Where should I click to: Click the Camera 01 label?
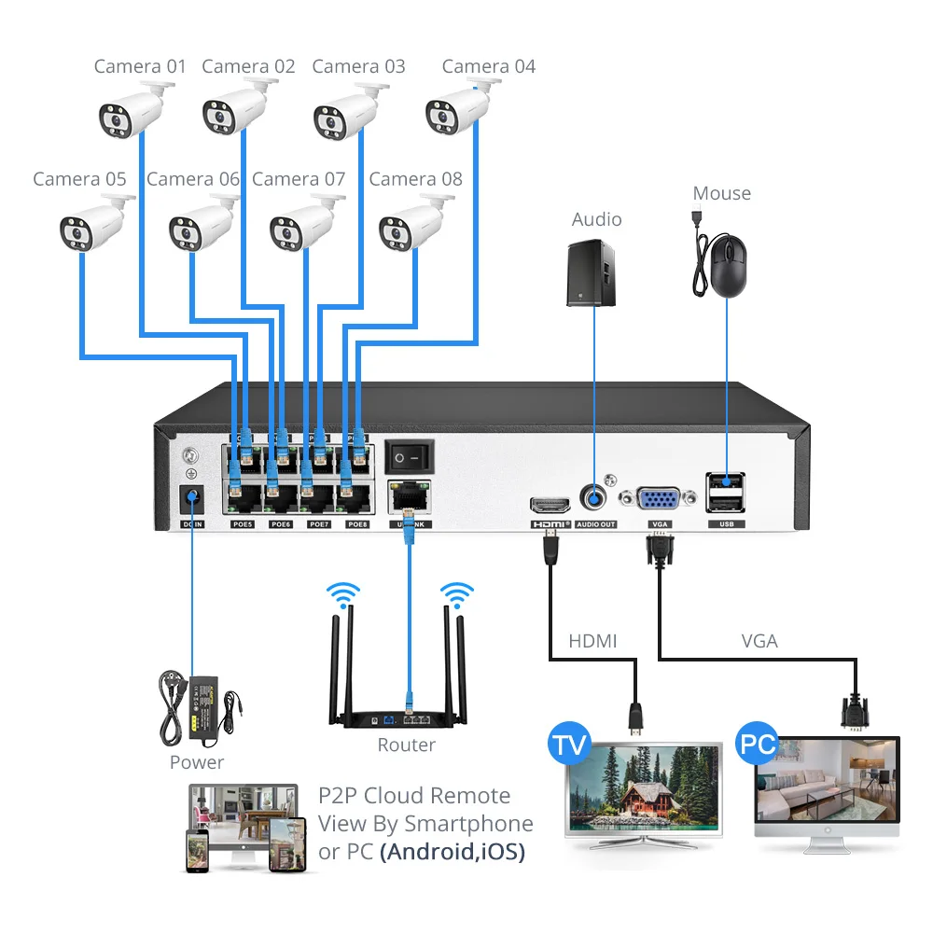[x=140, y=66]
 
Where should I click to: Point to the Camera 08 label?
[x=415, y=178]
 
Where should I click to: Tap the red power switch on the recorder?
[x=411, y=456]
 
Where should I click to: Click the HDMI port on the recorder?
[x=550, y=506]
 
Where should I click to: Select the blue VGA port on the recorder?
[x=660, y=499]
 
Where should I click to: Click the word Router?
[x=407, y=745]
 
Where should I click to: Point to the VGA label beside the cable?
[x=759, y=641]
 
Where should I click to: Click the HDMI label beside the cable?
[x=592, y=641]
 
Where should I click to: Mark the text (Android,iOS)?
[x=453, y=851]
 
